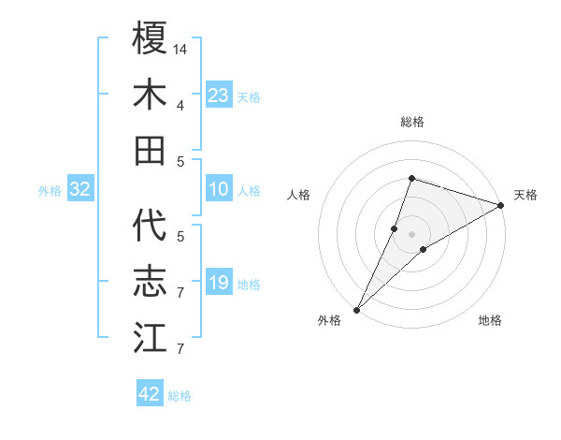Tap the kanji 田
150,151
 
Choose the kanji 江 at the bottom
150,338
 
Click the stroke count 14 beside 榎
181,48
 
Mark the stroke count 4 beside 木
180,104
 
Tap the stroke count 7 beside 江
180,349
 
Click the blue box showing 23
219,95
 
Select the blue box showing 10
219,190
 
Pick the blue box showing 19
219,283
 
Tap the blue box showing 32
80,190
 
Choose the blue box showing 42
150,394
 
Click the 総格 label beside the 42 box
180,396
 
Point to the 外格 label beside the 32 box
50,191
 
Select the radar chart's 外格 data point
357,309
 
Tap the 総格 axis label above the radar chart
411,122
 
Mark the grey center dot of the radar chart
411,234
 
